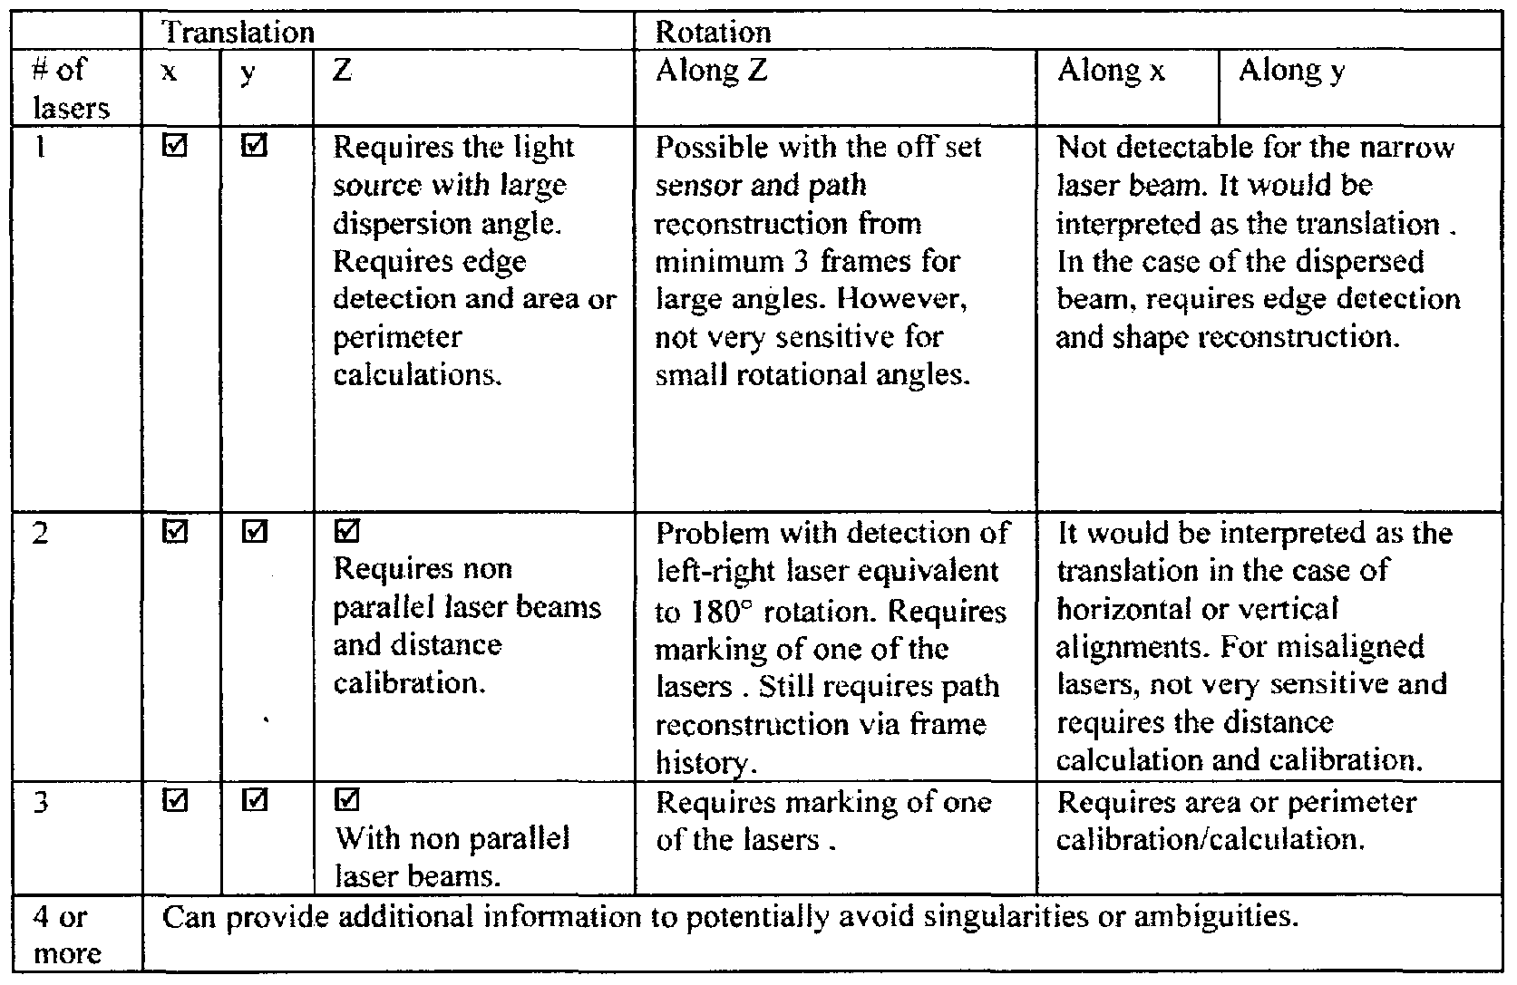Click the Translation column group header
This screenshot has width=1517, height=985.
(x=238, y=33)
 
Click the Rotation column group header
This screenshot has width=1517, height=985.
(x=713, y=33)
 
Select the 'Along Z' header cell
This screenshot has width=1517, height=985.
(x=712, y=70)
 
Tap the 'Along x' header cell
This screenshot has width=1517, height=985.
(x=1111, y=70)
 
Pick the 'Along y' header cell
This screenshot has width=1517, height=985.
(x=1291, y=70)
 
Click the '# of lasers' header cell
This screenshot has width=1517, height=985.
(x=71, y=89)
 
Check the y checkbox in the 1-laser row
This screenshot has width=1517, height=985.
(x=255, y=146)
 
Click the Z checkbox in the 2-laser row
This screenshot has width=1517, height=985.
(x=346, y=532)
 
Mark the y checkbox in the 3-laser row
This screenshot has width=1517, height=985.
(x=255, y=801)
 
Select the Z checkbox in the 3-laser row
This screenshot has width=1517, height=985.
(x=346, y=801)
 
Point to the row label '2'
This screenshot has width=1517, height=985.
(x=41, y=533)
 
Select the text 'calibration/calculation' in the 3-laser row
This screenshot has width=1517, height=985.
(x=1211, y=840)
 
